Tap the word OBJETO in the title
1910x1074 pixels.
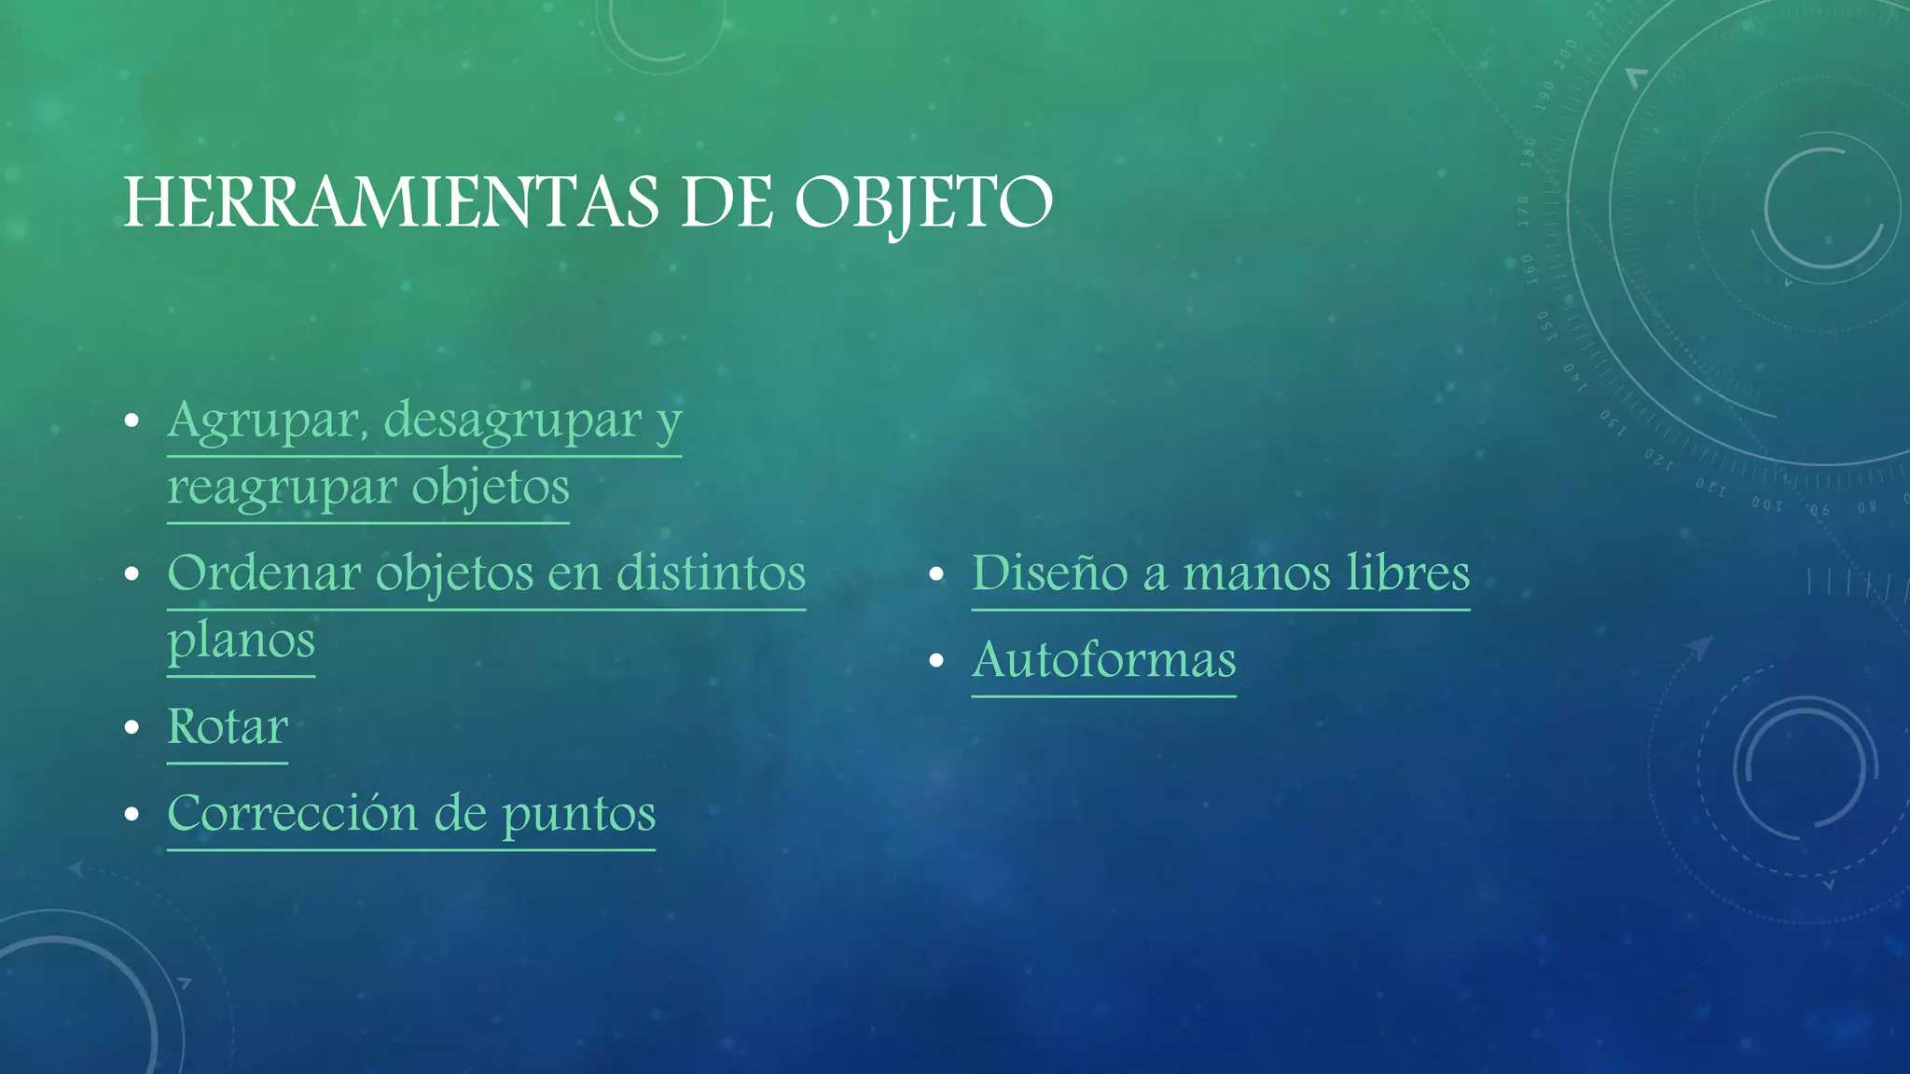[923, 202]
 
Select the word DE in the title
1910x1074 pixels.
[727, 202]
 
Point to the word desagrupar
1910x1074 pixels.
[512, 421]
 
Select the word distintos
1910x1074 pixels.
[711, 573]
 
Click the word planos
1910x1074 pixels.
[242, 641]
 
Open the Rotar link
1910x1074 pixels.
[228, 727]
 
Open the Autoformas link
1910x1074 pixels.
[1104, 661]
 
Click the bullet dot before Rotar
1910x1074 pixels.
[132, 727]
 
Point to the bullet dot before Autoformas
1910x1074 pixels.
[937, 661]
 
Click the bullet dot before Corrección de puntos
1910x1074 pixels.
[132, 814]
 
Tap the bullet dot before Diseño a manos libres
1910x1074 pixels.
[937, 574]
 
